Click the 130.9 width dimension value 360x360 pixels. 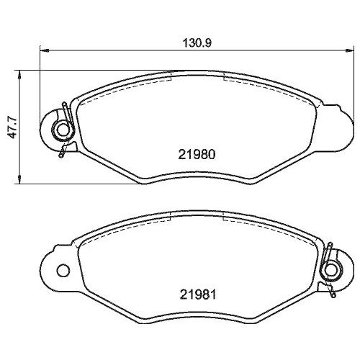(195, 42)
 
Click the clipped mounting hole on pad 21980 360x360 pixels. (63, 130)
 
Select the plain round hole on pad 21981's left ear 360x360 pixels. (63, 271)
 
